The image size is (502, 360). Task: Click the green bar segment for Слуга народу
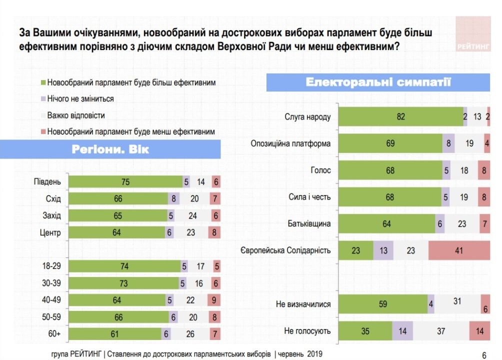[x=401, y=116]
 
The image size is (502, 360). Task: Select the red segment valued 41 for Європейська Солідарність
[x=459, y=250]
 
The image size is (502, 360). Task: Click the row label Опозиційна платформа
[x=290, y=143]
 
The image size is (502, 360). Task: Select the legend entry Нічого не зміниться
[x=80, y=99]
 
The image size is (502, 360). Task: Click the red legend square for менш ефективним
[x=43, y=132]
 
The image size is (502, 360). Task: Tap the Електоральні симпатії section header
[x=378, y=82]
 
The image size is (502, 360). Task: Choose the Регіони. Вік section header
[x=110, y=149]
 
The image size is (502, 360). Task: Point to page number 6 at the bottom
[x=484, y=355]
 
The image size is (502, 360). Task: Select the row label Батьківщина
[x=308, y=223]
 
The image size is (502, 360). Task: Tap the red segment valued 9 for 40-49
[x=214, y=300]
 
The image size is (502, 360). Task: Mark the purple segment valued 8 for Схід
[x=173, y=199]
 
